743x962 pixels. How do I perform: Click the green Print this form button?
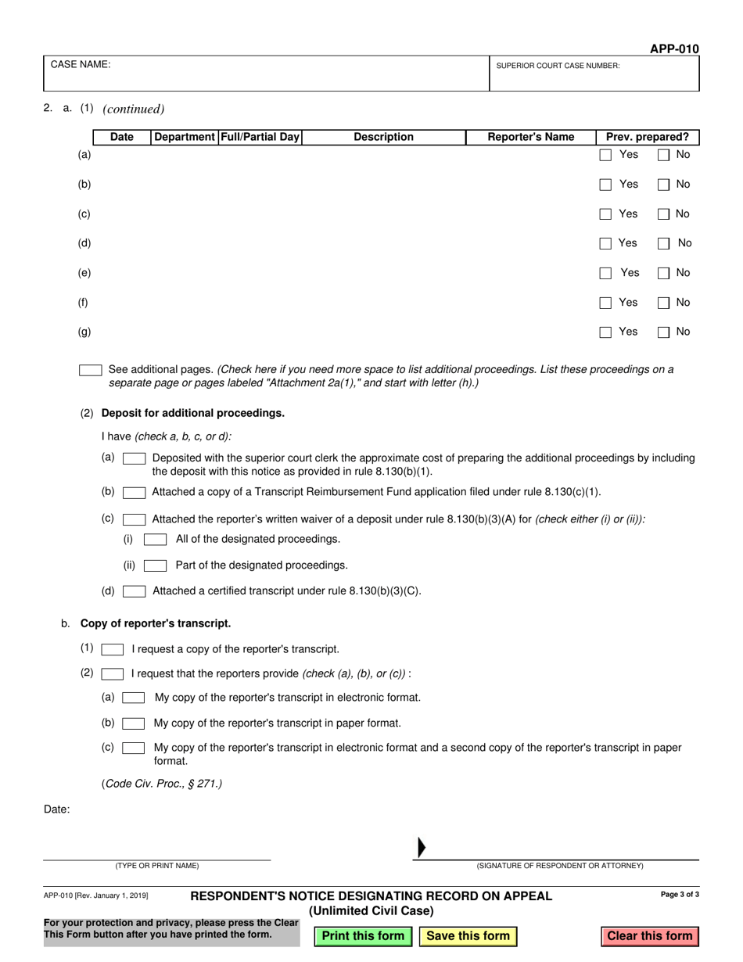(x=363, y=936)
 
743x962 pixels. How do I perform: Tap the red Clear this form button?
(x=649, y=936)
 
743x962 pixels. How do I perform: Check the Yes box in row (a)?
(x=605, y=156)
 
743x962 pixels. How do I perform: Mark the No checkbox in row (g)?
(x=663, y=332)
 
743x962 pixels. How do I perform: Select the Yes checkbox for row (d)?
(x=605, y=244)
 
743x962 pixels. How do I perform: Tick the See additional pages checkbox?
(x=91, y=370)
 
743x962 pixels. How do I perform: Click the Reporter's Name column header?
(x=530, y=138)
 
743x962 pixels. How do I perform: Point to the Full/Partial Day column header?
(x=260, y=138)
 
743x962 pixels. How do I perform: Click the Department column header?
(x=185, y=138)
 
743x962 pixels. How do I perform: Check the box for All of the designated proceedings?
(x=156, y=540)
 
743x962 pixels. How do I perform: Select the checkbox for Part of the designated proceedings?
(x=156, y=565)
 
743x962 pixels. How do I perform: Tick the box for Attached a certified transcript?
(x=135, y=591)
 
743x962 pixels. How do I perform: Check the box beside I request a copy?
(x=113, y=649)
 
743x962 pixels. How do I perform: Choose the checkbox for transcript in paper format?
(x=134, y=723)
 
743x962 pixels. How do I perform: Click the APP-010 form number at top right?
(x=674, y=48)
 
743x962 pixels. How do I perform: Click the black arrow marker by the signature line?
(x=422, y=847)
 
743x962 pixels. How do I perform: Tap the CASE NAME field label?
(x=81, y=65)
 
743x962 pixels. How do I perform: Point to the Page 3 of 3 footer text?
(x=680, y=894)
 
